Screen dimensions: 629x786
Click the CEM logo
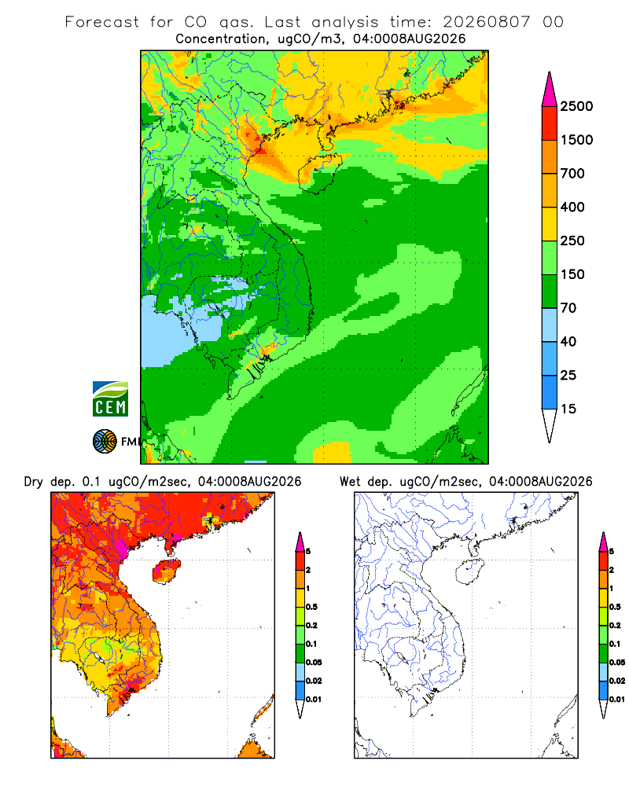pyautogui.click(x=110, y=399)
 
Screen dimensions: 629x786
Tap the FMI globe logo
pyautogui.click(x=105, y=441)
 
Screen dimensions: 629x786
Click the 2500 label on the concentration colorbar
pyautogui.click(x=576, y=106)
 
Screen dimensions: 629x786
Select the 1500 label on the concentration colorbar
pyautogui.click(x=576, y=140)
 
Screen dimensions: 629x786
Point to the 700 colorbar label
pyautogui.click(x=572, y=174)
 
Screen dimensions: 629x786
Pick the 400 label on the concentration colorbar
pyautogui.click(x=572, y=207)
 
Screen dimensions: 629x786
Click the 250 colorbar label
pyautogui.click(x=572, y=241)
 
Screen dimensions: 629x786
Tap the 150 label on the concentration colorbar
pyautogui.click(x=572, y=274)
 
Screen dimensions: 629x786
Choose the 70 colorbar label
pyautogui.click(x=568, y=308)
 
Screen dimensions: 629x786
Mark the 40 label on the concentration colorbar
pyautogui.click(x=568, y=341)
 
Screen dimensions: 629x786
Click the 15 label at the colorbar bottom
pyautogui.click(x=568, y=409)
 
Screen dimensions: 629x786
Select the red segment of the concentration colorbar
pyautogui.click(x=550, y=123)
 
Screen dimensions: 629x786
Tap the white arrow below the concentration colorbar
pyautogui.click(x=550, y=424)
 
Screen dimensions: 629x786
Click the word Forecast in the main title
pyautogui.click(x=102, y=22)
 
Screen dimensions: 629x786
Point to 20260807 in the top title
pyautogui.click(x=486, y=22)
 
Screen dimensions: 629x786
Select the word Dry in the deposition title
pyautogui.click(x=34, y=482)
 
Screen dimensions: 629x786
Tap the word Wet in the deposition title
pyautogui.click(x=350, y=481)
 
